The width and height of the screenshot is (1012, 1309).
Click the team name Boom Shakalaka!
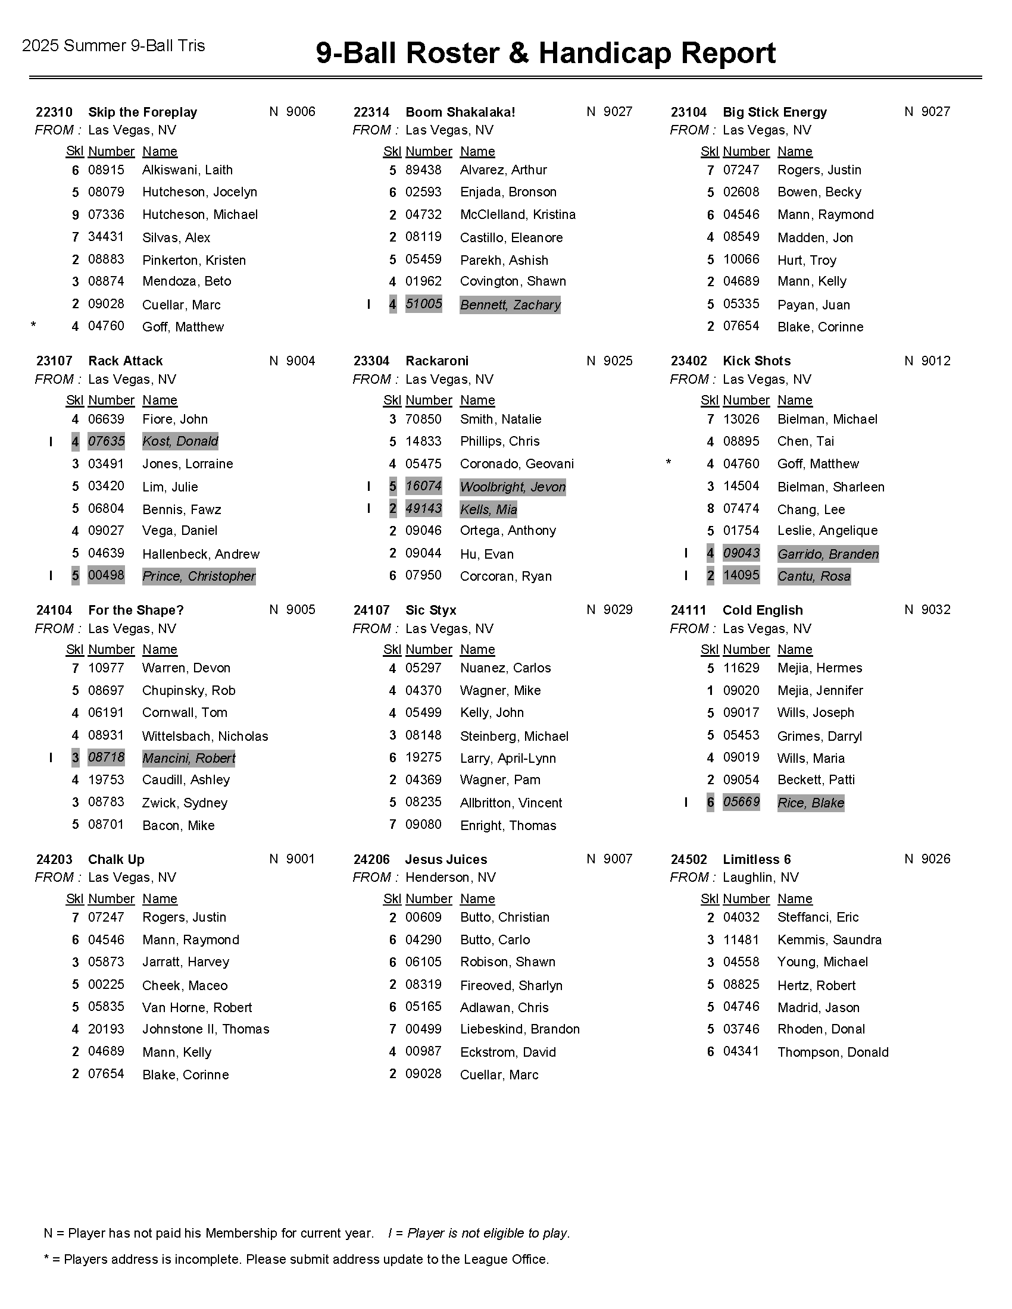coord(460,112)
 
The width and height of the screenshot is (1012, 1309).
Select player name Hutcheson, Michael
coord(199,215)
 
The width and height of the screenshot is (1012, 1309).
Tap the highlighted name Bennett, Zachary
coord(510,305)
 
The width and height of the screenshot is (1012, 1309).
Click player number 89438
coord(423,170)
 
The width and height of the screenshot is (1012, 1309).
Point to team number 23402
coord(688,361)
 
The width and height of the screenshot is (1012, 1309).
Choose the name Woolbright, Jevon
coord(513,487)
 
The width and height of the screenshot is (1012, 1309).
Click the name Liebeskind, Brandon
coord(519,1029)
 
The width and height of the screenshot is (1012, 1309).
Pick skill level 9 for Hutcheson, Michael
coord(76,215)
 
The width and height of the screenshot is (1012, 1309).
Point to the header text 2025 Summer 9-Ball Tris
coord(113,46)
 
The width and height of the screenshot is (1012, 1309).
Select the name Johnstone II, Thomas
coord(205,1029)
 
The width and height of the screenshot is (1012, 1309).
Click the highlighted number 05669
coord(741,802)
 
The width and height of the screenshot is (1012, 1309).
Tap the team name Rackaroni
coord(436,361)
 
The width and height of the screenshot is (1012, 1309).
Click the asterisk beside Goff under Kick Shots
coord(668,463)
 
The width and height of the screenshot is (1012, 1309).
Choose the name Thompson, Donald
coord(832,1052)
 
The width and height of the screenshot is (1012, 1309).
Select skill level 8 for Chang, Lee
coord(710,509)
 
